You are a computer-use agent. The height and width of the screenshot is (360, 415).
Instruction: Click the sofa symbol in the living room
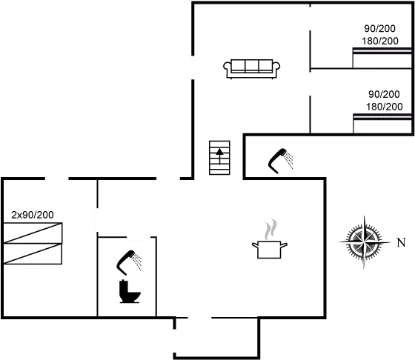(x=252, y=69)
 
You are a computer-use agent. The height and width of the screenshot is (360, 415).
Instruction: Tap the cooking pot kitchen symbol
(x=269, y=250)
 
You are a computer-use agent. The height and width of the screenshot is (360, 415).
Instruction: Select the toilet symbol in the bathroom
(x=130, y=291)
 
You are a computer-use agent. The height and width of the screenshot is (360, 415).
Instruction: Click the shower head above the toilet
(x=129, y=262)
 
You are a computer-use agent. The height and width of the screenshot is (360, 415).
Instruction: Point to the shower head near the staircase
(x=281, y=161)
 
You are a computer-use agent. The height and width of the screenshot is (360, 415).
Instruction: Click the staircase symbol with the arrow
(x=219, y=158)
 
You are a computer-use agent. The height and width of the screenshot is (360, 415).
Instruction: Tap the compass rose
(x=365, y=241)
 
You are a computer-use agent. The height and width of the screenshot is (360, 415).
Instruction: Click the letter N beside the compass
(x=401, y=242)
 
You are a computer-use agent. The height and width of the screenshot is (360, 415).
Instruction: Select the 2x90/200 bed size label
(x=33, y=215)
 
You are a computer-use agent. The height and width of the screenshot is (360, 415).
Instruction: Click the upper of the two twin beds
(x=33, y=233)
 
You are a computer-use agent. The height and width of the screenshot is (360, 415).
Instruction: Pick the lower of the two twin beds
(x=33, y=253)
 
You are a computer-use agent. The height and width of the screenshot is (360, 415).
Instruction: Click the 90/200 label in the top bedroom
(x=379, y=28)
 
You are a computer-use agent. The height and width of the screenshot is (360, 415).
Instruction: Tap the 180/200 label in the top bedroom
(x=380, y=41)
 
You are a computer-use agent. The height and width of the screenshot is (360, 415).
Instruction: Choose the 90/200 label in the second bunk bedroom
(x=384, y=94)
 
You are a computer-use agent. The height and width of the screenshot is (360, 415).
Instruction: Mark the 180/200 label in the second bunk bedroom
(x=385, y=107)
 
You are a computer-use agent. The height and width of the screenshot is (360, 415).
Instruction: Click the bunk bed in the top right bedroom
(x=382, y=58)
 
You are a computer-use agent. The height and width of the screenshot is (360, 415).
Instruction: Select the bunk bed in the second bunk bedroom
(x=382, y=124)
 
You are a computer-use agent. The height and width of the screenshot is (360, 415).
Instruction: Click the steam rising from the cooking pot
(x=270, y=229)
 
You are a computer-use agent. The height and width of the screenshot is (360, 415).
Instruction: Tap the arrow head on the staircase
(x=219, y=152)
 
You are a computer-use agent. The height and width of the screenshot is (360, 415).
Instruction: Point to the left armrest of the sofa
(x=228, y=66)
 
